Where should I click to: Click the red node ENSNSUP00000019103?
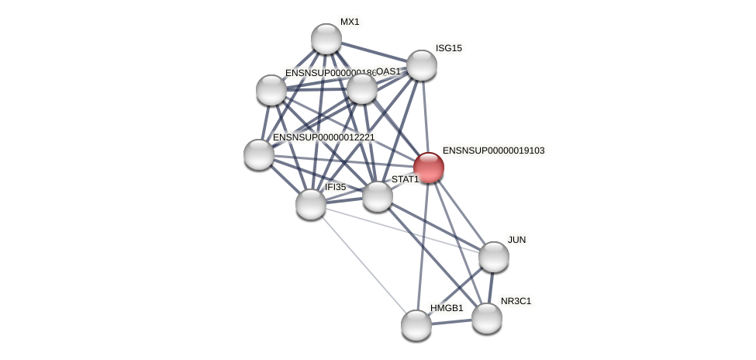[428, 168]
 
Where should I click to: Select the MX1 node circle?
[326, 39]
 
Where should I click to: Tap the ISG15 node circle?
[422, 65]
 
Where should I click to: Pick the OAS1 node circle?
[362, 88]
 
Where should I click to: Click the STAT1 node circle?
[378, 196]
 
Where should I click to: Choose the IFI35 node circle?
[311, 204]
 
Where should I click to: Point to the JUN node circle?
[494, 257]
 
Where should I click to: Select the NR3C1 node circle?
[487, 318]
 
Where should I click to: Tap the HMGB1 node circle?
[416, 325]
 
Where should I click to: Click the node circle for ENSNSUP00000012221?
[259, 154]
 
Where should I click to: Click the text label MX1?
[350, 22]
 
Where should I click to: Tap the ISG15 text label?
[448, 48]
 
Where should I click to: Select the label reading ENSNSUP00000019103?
[493, 151]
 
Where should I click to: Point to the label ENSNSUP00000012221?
[323, 137]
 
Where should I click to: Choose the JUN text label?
[516, 240]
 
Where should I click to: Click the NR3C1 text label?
[516, 301]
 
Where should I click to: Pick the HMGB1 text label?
[447, 308]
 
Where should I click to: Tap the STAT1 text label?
[405, 179]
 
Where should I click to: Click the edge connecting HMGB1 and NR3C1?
[452, 322]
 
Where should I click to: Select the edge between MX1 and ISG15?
[374, 52]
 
